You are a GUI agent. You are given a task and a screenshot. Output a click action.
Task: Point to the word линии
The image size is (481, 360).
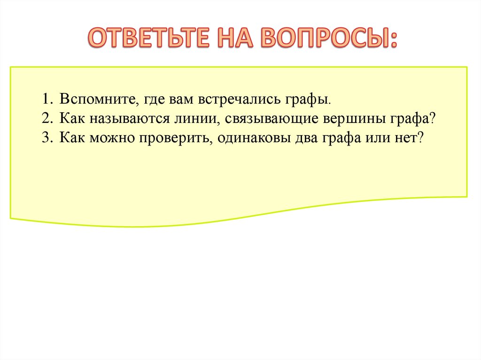pyautogui.click(x=197, y=119)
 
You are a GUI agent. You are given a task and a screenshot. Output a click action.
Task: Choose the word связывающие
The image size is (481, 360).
pyautogui.click(x=273, y=119)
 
